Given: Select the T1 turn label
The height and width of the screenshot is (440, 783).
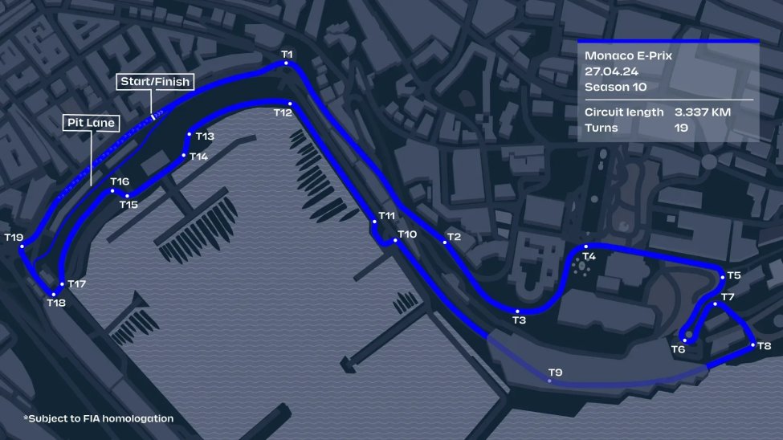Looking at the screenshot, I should pos(288,55).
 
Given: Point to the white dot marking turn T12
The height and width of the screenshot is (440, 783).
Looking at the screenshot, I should pos(290,104).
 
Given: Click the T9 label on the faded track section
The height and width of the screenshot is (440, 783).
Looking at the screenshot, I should pos(555,372).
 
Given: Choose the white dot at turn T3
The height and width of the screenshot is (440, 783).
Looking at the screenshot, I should pos(519,312).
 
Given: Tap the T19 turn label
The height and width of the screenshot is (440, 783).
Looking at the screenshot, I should pos(14,238).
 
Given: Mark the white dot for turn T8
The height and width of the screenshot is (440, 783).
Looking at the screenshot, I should pos(752,345).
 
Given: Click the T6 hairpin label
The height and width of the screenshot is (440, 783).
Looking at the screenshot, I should pos(679,349).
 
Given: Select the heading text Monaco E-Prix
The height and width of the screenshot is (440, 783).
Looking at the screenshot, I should pos(628,56).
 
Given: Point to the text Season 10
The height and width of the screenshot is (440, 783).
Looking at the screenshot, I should pos(616,86).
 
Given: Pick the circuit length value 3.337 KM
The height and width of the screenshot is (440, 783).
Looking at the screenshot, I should pos(702,112).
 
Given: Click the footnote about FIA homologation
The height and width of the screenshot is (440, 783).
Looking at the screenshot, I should pos(98,418).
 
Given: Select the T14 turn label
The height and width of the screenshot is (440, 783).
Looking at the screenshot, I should pos(199,157).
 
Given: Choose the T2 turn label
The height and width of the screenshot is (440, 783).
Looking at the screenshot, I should pos(455,237).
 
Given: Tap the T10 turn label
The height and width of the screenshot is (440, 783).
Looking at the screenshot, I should pos(407,234).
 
